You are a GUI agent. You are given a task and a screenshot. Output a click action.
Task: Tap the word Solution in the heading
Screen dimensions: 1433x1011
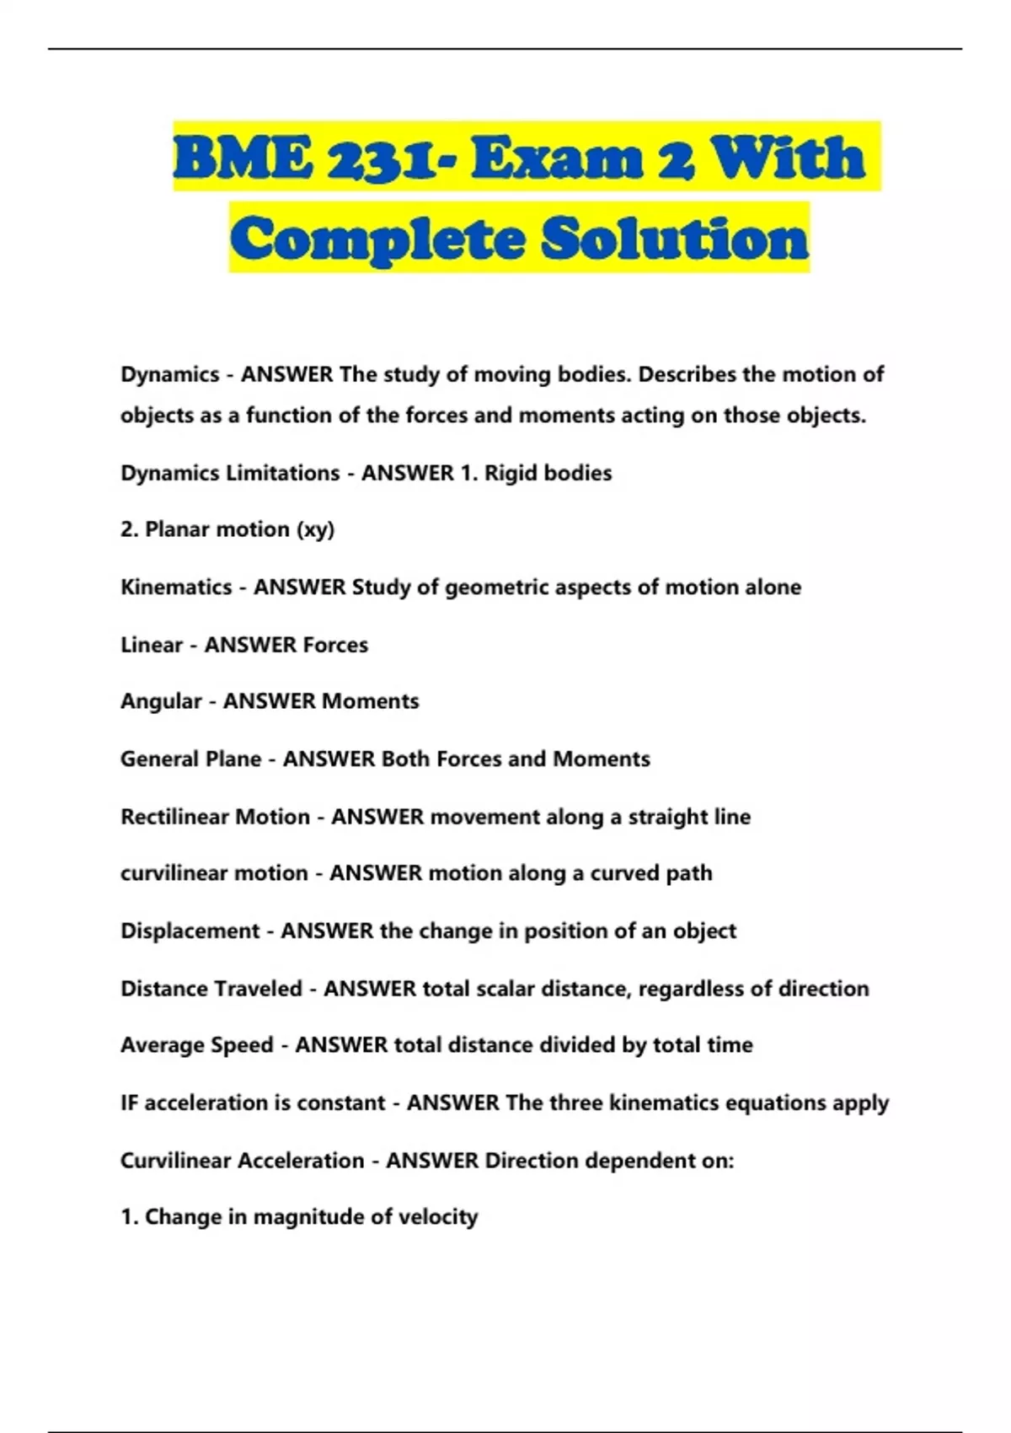675,239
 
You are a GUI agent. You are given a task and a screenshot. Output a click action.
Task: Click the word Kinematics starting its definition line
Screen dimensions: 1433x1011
176,588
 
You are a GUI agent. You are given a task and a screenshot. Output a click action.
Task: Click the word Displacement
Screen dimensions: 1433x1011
190,931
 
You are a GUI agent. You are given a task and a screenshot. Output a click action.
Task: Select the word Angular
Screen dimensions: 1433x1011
161,701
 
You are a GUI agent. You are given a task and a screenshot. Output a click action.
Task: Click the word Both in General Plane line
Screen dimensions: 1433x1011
405,759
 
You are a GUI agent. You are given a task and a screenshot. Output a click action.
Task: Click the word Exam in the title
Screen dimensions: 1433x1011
558,158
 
